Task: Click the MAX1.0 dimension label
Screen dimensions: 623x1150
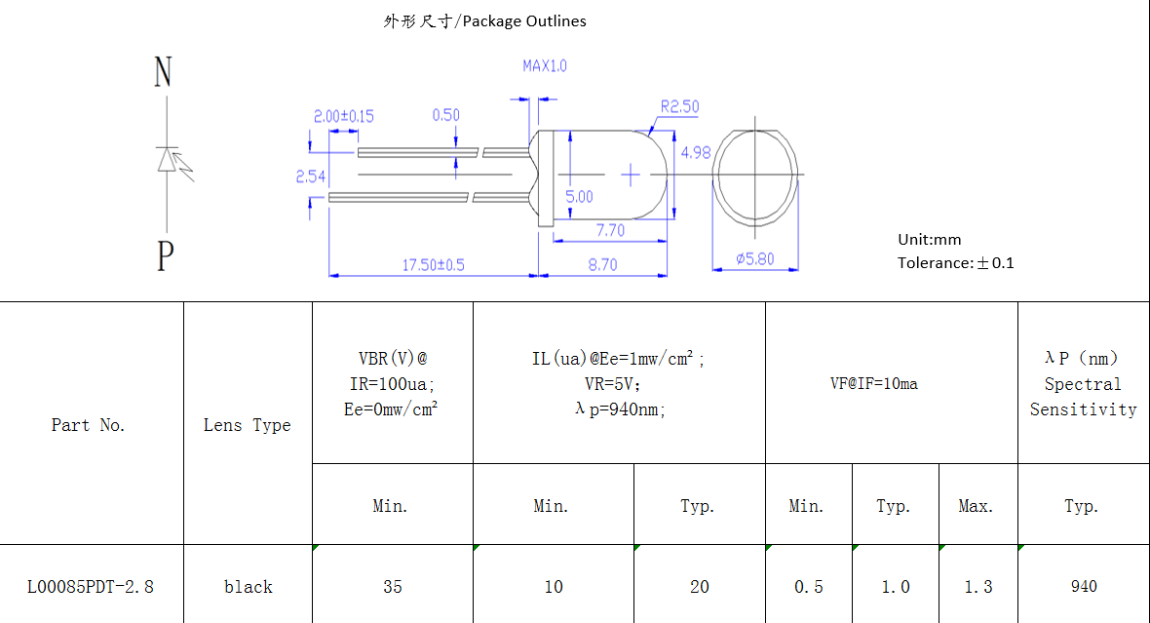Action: [544, 66]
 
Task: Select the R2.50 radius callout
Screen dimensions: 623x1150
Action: [679, 106]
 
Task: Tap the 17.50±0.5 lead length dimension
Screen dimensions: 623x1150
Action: [434, 265]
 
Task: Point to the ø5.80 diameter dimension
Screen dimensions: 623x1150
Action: [754, 259]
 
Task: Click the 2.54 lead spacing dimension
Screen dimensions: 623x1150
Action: [310, 176]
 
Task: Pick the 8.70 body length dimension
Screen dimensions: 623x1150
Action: [602, 265]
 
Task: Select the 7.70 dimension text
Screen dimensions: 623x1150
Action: [610, 230]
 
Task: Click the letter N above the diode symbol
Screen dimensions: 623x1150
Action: [163, 72]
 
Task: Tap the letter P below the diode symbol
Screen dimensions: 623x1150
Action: [165, 257]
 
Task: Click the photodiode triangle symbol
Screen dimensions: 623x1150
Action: [169, 159]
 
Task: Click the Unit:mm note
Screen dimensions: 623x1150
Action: [929, 240]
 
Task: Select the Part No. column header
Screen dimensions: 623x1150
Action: [89, 425]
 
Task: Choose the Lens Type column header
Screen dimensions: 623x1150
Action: [247, 425]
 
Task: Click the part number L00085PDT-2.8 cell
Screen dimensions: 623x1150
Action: [90, 587]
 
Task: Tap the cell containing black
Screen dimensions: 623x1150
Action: [248, 587]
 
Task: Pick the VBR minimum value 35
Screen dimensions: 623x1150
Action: [392, 587]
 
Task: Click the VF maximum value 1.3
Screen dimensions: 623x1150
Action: [977, 587]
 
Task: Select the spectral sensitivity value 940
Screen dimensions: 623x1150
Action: [1083, 587]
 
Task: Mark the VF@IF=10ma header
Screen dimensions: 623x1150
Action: [873, 383]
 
